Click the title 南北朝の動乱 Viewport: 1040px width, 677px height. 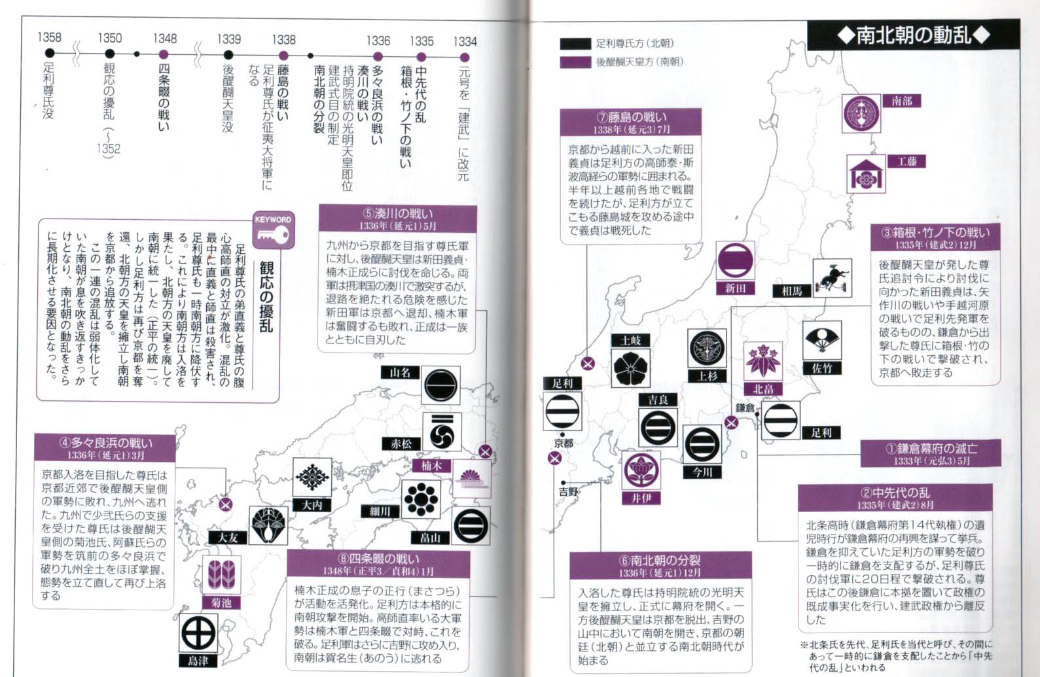pyautogui.click(x=914, y=35)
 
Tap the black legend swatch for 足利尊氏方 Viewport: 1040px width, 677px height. pyautogui.click(x=575, y=44)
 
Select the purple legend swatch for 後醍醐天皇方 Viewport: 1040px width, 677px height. pyautogui.click(x=575, y=62)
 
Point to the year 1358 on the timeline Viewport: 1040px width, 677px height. pyautogui.click(x=49, y=37)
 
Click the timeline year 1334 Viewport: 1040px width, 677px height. pyautogui.click(x=465, y=41)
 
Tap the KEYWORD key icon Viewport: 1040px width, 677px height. pyautogui.click(x=274, y=230)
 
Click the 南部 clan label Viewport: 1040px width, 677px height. pyautogui.click(x=902, y=101)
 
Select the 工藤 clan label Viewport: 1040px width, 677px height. pyautogui.click(x=906, y=161)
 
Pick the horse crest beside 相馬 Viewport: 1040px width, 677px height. pyautogui.click(x=832, y=277)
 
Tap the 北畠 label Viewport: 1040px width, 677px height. pyautogui.click(x=763, y=389)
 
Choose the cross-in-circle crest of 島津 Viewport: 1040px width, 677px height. pyautogui.click(x=198, y=633)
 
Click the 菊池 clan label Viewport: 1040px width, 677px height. pyautogui.click(x=221, y=602)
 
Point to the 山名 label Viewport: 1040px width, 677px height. pyautogui.click(x=400, y=372)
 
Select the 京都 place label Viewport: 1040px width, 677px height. pyautogui.click(x=564, y=443)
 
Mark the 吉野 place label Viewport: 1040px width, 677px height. pyautogui.click(x=568, y=491)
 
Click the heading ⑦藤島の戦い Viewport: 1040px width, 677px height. pyautogui.click(x=631, y=117)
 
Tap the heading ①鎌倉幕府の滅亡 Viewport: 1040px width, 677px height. pyautogui.click(x=930, y=449)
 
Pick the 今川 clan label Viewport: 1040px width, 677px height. pyautogui.click(x=702, y=472)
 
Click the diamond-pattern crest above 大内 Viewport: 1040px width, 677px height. pyautogui.click(x=312, y=477)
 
